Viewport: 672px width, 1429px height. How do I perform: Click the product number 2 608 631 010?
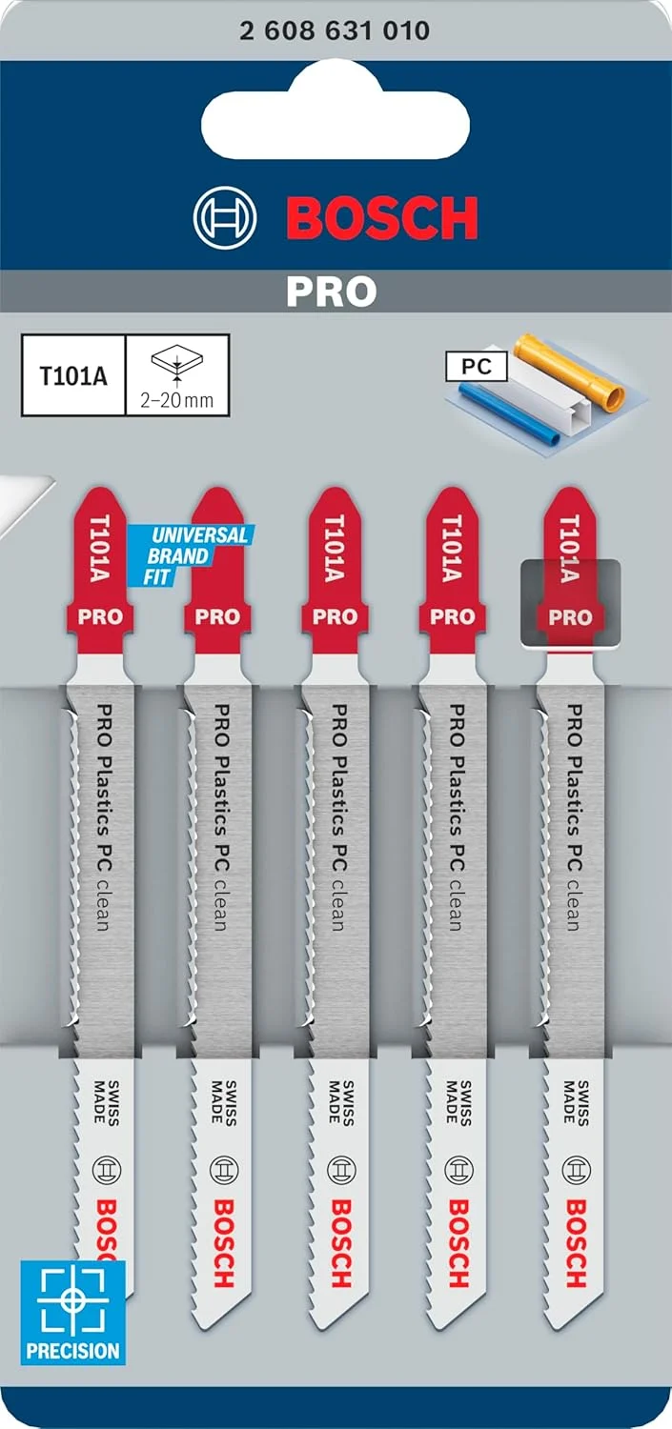tap(335, 30)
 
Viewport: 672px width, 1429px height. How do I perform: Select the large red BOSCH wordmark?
tap(381, 220)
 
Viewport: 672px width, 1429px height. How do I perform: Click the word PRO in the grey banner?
tap(332, 292)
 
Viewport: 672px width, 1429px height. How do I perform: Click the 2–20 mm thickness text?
tap(177, 400)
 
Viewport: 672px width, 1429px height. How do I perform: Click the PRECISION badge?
tap(73, 1312)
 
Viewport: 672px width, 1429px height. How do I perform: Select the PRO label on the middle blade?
tap(335, 616)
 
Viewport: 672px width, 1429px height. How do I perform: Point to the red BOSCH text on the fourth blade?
tap(458, 1243)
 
